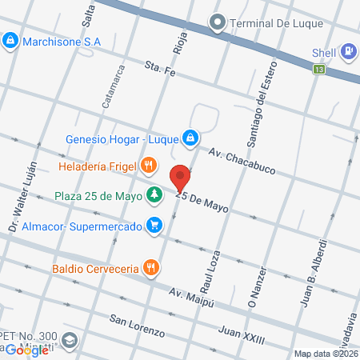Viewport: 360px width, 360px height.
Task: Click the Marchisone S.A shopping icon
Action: [10, 39]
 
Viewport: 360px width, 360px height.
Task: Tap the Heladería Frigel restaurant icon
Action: [148, 167]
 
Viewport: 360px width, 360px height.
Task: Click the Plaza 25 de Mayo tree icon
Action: [152, 195]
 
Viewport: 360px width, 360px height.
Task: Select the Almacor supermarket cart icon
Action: [152, 226]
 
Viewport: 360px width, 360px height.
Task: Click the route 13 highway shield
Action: [320, 70]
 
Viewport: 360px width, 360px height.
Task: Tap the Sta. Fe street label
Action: [159, 70]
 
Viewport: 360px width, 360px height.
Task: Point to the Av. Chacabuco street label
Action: [238, 154]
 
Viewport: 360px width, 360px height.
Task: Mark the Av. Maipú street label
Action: [188, 299]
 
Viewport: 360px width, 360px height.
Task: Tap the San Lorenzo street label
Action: [137, 326]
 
